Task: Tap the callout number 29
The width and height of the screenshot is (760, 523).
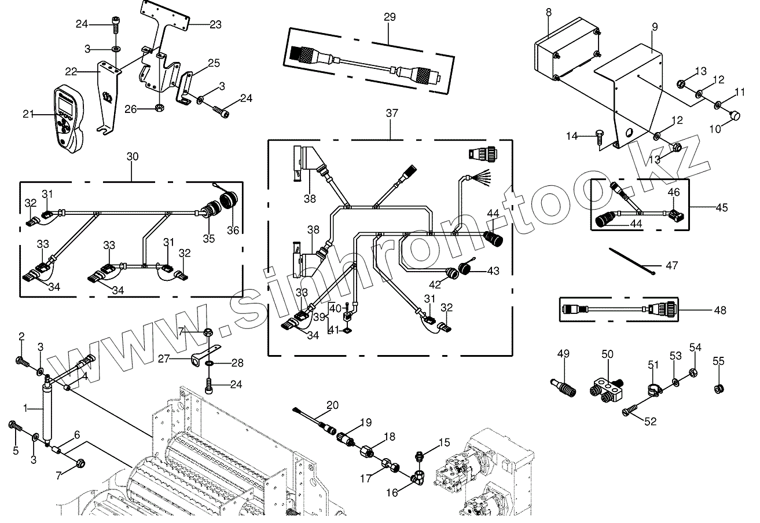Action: [390, 17]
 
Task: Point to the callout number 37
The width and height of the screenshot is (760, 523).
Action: [392, 114]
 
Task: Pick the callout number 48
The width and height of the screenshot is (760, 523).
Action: [719, 310]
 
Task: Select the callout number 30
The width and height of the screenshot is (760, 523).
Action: [133, 156]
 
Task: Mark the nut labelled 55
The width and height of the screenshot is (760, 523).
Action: [718, 388]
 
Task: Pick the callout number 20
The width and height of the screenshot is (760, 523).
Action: [332, 405]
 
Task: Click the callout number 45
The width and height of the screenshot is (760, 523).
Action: [721, 207]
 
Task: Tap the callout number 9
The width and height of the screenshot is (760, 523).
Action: [654, 27]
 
